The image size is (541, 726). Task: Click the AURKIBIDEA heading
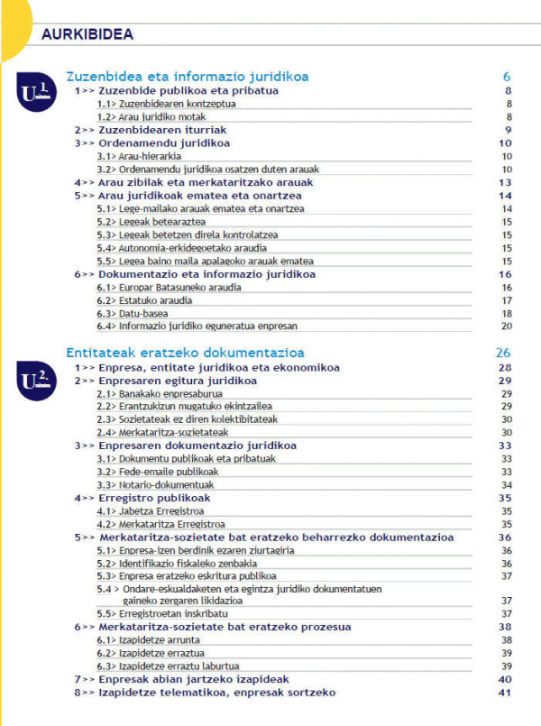pyautogui.click(x=87, y=34)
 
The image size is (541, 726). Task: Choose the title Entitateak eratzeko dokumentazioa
pyautogui.click(x=185, y=353)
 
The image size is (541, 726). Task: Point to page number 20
pyautogui.click(x=507, y=326)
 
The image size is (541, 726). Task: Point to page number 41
pyautogui.click(x=505, y=693)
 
